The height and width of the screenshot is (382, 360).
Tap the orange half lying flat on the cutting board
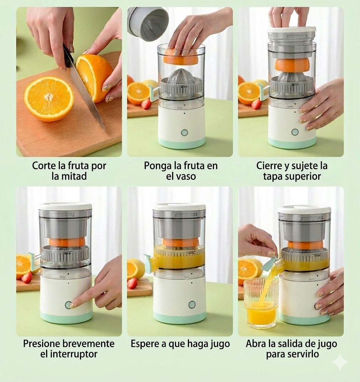(49, 99)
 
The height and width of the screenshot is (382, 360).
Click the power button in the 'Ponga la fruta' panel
(184, 133)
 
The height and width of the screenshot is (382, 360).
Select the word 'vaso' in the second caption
(186, 176)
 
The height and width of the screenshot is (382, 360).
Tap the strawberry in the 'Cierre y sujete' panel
(256, 104)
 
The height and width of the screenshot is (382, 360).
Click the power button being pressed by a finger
(68, 305)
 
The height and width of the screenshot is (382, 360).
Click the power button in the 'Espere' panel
(192, 304)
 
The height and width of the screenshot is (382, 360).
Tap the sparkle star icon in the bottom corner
(339, 362)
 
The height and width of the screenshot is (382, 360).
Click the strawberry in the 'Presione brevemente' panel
(27, 278)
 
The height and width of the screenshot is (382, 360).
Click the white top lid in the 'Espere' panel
(179, 207)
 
